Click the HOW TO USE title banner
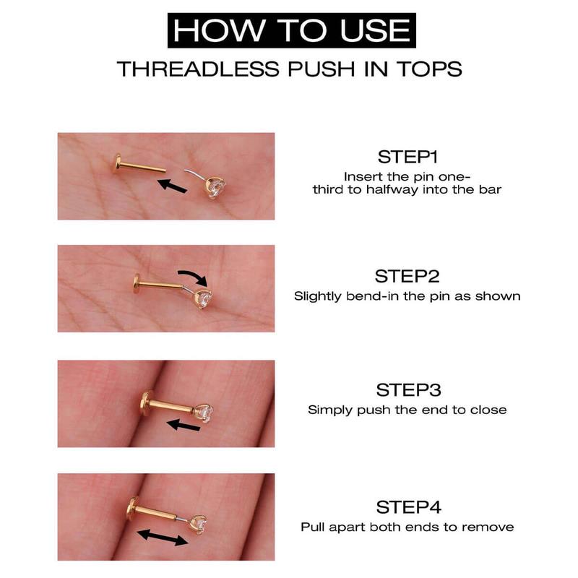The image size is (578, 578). click(x=289, y=31)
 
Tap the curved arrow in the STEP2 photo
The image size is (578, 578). click(x=193, y=276)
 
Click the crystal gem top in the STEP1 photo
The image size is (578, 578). click(x=215, y=190)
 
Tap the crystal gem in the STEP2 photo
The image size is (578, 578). click(x=207, y=298)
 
